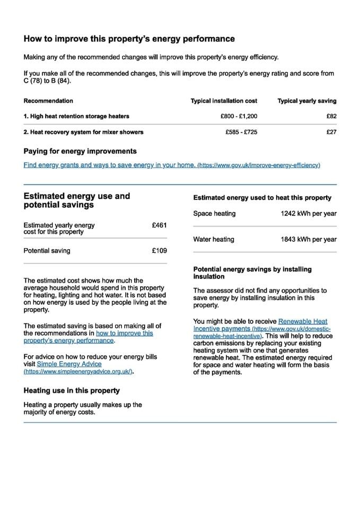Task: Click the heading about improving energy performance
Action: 129,39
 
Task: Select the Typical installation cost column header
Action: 224,101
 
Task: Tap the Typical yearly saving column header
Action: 307,101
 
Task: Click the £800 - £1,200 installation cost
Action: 239,116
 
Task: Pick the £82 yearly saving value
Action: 331,116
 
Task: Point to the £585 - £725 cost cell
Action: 241,132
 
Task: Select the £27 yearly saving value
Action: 331,132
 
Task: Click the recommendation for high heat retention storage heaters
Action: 76,116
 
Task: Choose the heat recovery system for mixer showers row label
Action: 83,132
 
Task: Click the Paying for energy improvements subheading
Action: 80,151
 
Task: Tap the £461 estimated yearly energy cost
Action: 159,225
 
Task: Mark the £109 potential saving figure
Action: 159,251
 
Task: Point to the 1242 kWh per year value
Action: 309,214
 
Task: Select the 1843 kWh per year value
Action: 309,239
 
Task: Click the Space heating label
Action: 214,214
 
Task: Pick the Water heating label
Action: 214,239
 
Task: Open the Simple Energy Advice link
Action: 69,364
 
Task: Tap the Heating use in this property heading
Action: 72,391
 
